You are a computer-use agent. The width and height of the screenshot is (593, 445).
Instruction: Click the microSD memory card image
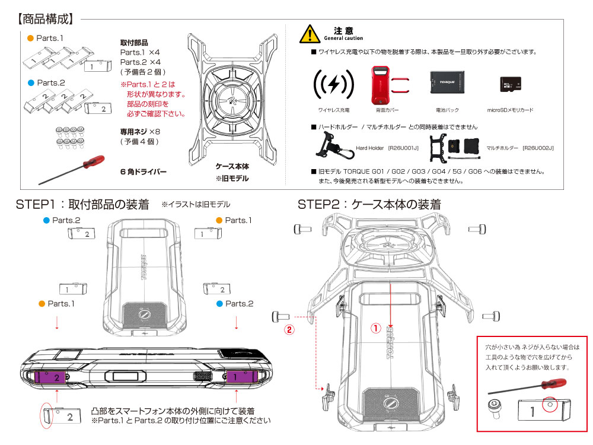(509, 87)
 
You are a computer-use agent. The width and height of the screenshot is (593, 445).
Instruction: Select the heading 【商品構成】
(45, 19)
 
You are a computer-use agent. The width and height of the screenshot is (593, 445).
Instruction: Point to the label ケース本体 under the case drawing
(232, 167)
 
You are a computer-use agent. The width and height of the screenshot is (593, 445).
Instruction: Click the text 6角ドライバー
(144, 172)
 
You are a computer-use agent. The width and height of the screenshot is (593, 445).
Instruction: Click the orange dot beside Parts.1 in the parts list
(30, 39)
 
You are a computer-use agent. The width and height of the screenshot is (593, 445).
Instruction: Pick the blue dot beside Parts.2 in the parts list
(30, 82)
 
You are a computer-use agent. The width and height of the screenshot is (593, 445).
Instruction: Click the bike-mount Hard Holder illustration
(330, 147)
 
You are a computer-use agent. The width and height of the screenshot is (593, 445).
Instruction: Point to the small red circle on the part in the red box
(550, 403)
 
